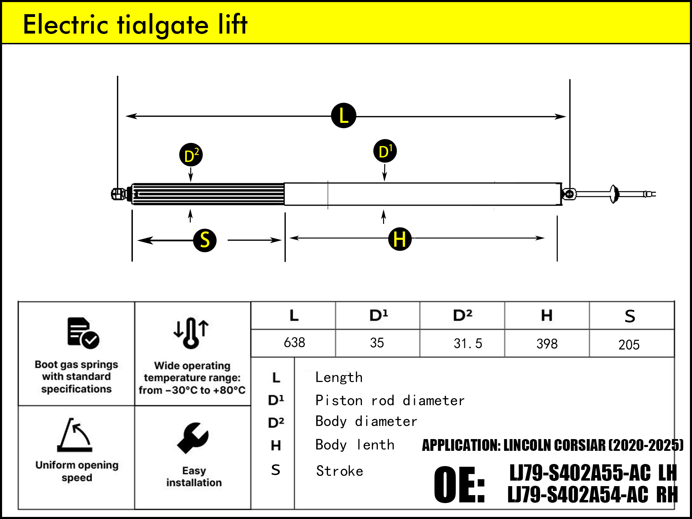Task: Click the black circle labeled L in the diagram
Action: click(344, 116)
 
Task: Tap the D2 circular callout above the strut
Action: click(191, 155)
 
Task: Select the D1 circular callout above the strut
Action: click(385, 151)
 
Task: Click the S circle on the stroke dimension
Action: click(205, 240)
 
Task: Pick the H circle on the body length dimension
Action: click(400, 239)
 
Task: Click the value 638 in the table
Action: click(294, 343)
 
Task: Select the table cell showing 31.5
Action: click(467, 344)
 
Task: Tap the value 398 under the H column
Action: click(547, 344)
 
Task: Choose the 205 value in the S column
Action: click(629, 345)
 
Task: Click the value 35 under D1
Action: click(377, 343)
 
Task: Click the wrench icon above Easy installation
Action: click(193, 438)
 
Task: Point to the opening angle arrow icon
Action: click(75, 435)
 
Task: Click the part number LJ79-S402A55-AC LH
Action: click(593, 473)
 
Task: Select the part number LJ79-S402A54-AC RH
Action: click(592, 495)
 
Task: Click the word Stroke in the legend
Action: click(339, 471)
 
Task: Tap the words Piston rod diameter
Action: click(390, 401)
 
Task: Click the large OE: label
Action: click(459, 484)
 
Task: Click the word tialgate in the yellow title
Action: click(163, 25)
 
